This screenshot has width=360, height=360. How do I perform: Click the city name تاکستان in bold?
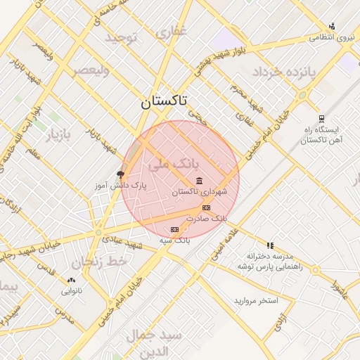pyautogui.click(x=164, y=101)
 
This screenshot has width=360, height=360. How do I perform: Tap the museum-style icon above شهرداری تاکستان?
pyautogui.click(x=200, y=181)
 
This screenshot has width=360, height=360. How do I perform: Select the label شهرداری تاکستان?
pyautogui.click(x=200, y=192)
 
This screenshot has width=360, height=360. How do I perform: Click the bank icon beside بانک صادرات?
pyautogui.click(x=206, y=207)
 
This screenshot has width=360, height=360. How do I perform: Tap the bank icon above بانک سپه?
pyautogui.click(x=174, y=230)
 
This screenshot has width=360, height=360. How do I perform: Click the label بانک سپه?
pyautogui.click(x=174, y=240)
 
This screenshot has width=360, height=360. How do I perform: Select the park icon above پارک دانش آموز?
pyautogui.click(x=120, y=174)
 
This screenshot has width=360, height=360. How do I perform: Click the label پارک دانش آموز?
pyautogui.click(x=121, y=186)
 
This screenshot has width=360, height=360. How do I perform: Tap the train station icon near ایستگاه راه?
pyautogui.click(x=321, y=118)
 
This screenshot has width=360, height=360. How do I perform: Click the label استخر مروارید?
pyautogui.click(x=256, y=301)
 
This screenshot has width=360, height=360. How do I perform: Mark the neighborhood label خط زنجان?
pyautogui.click(x=105, y=262)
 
